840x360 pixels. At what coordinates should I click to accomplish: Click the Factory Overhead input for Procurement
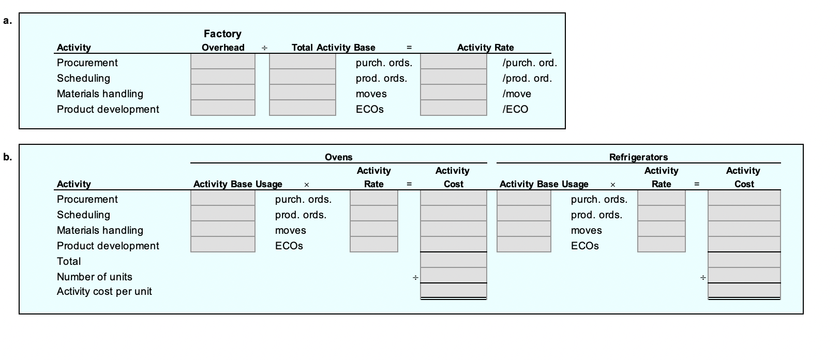pos(222,62)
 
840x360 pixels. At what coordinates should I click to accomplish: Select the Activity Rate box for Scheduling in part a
pos(453,78)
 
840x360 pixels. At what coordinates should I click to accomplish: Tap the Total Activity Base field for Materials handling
pos(302,93)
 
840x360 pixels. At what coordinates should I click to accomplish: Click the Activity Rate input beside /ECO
pos(453,109)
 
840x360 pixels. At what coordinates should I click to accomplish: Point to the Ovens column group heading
pos(338,157)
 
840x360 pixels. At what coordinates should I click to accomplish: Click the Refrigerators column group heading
pos(638,157)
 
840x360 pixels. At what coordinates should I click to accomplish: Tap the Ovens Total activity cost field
pos(453,260)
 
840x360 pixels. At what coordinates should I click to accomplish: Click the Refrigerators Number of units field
pos(744,276)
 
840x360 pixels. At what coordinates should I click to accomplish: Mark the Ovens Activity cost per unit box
pos(453,291)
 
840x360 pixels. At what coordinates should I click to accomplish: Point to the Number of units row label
pos(95,277)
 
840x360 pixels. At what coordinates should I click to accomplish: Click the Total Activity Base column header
pos(333,48)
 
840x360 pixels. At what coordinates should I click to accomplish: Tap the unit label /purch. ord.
pos(530,63)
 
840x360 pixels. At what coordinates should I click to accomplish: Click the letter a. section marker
pos(7,21)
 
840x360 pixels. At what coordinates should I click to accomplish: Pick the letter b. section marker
pos(7,157)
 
